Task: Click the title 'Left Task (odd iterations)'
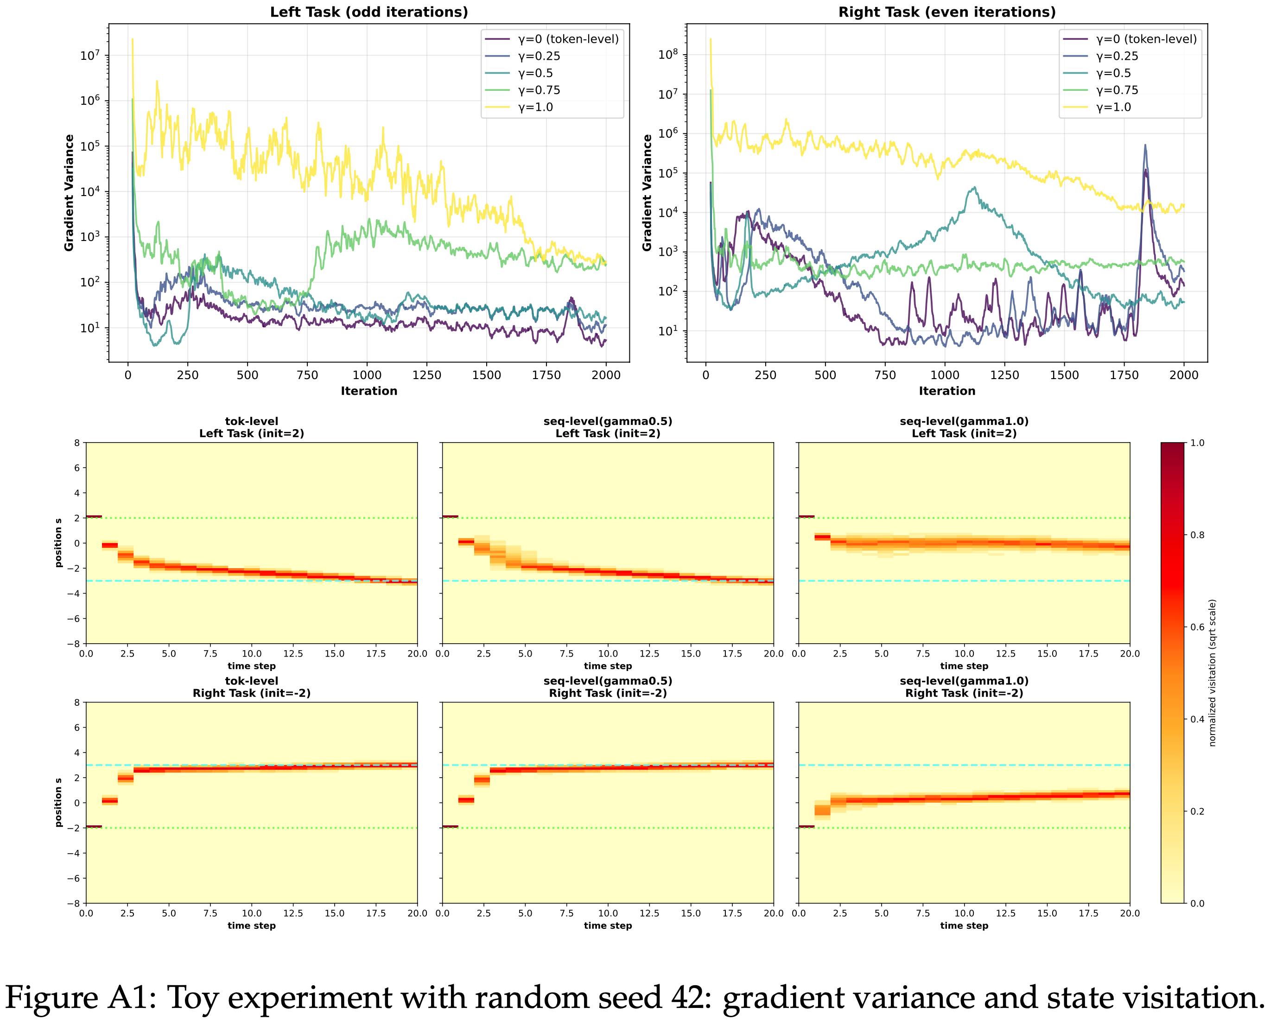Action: click(369, 12)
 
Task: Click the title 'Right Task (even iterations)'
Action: click(947, 12)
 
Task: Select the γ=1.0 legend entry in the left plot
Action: click(535, 107)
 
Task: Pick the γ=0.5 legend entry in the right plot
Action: click(1113, 73)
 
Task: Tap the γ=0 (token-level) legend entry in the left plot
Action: click(568, 39)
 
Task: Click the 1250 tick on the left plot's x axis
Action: click(427, 375)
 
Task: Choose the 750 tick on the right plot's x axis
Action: click(885, 375)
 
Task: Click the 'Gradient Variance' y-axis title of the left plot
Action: click(69, 193)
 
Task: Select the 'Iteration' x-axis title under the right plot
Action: click(947, 391)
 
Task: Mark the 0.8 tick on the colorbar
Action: click(1197, 535)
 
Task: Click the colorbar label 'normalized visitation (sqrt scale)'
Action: click(1212, 672)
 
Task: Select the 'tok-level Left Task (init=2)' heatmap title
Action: click(252, 427)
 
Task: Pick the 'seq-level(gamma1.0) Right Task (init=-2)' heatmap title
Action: click(964, 687)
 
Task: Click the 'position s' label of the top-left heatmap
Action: click(58, 543)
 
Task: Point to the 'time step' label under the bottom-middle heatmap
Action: click(608, 925)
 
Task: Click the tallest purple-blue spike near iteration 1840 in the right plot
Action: click(1145, 146)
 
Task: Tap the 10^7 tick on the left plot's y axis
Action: click(90, 56)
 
